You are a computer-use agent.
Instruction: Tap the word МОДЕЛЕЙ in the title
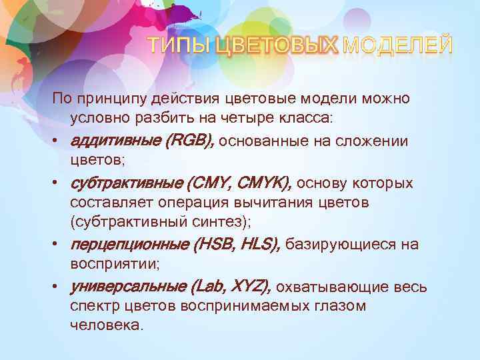(398, 45)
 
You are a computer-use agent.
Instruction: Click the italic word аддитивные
(115, 141)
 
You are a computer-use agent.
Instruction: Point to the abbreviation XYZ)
(250, 287)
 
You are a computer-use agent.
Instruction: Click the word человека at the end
(105, 326)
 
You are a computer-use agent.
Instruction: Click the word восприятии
(113, 264)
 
